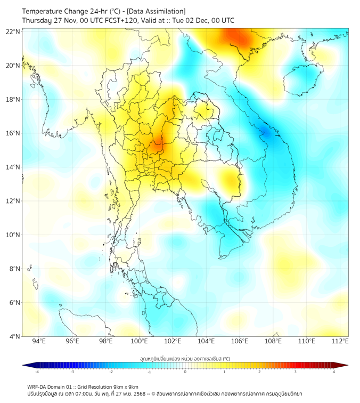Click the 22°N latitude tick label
[x=13, y=32]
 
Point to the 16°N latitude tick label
[x=13, y=133]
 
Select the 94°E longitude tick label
[x=39, y=341]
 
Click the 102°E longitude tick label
[x=173, y=341]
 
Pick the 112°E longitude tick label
[x=340, y=341]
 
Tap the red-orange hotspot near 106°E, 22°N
[x=238, y=38]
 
